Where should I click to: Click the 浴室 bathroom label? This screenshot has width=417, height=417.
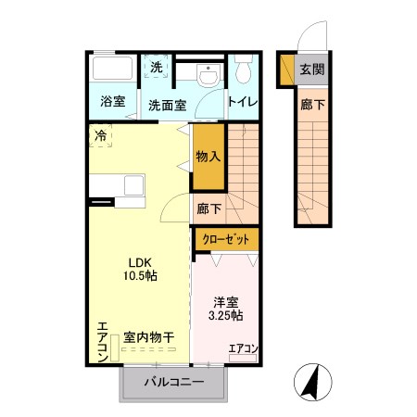pyautogui.click(x=113, y=102)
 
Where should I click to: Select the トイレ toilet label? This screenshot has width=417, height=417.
pyautogui.click(x=242, y=102)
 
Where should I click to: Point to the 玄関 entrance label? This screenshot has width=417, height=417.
pyautogui.click(x=312, y=69)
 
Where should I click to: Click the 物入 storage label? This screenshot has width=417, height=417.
pyautogui.click(x=208, y=158)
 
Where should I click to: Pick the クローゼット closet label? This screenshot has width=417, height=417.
pyautogui.click(x=226, y=239)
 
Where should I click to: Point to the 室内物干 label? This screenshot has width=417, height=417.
pyautogui.click(x=149, y=338)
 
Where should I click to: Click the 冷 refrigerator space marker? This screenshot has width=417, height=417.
pyautogui.click(x=99, y=135)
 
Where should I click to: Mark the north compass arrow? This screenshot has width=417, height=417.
pyautogui.click(x=312, y=379)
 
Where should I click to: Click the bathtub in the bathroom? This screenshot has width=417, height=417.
pyautogui.click(x=114, y=69)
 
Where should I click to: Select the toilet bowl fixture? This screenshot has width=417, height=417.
pyautogui.click(x=244, y=72)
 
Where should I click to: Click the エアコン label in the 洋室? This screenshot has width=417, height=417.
pyautogui.click(x=243, y=348)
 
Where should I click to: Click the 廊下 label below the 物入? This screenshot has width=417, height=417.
pyautogui.click(x=208, y=208)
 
